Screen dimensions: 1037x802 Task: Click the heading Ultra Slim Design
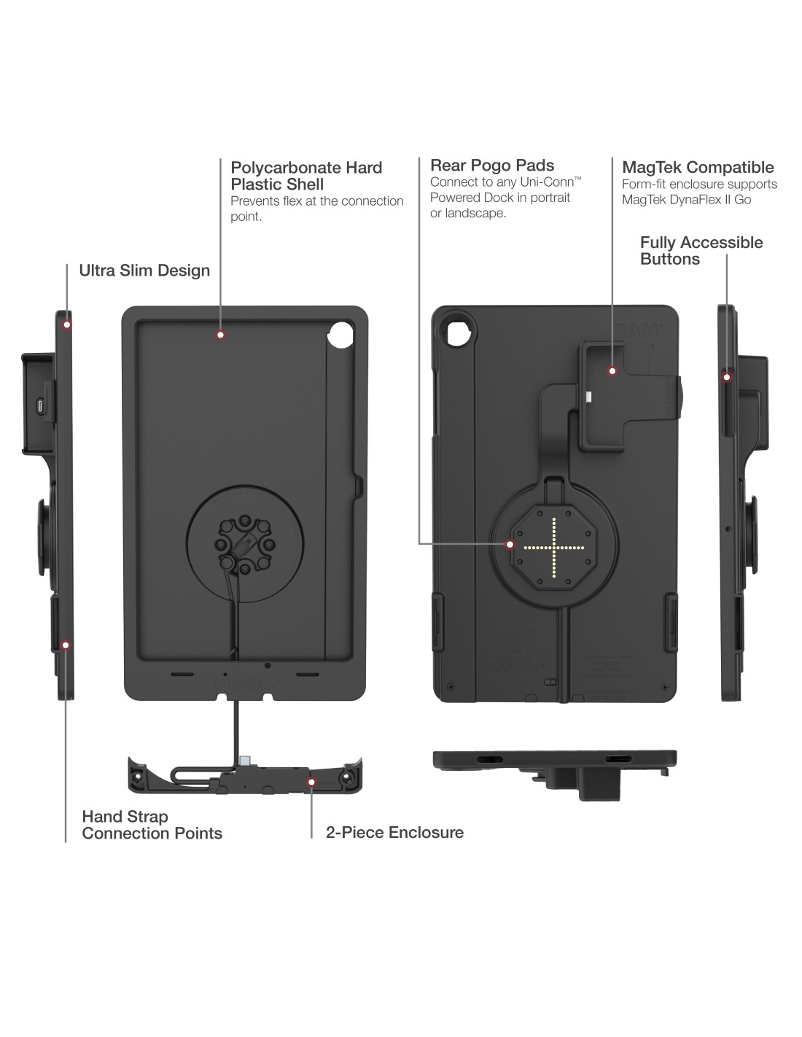tap(144, 271)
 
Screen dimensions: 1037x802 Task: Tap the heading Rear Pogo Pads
tap(492, 166)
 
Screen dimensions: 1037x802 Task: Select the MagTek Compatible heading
tap(698, 167)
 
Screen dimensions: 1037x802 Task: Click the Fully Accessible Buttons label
tap(701, 251)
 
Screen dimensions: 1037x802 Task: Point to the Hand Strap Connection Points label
tap(152, 825)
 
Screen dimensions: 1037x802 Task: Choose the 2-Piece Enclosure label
tap(394, 832)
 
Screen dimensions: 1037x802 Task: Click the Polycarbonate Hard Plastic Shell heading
tap(306, 176)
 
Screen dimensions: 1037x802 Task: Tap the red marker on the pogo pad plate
tap(510, 543)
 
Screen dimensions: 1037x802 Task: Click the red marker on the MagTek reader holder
tap(612, 370)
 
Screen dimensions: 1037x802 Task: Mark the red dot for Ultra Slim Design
tap(67, 324)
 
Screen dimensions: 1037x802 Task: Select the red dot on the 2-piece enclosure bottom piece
tap(312, 782)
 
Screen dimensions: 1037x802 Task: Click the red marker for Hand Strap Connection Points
tap(66, 645)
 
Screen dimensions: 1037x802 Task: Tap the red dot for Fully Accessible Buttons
tap(726, 376)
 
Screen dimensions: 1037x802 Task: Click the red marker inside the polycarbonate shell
tap(219, 335)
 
